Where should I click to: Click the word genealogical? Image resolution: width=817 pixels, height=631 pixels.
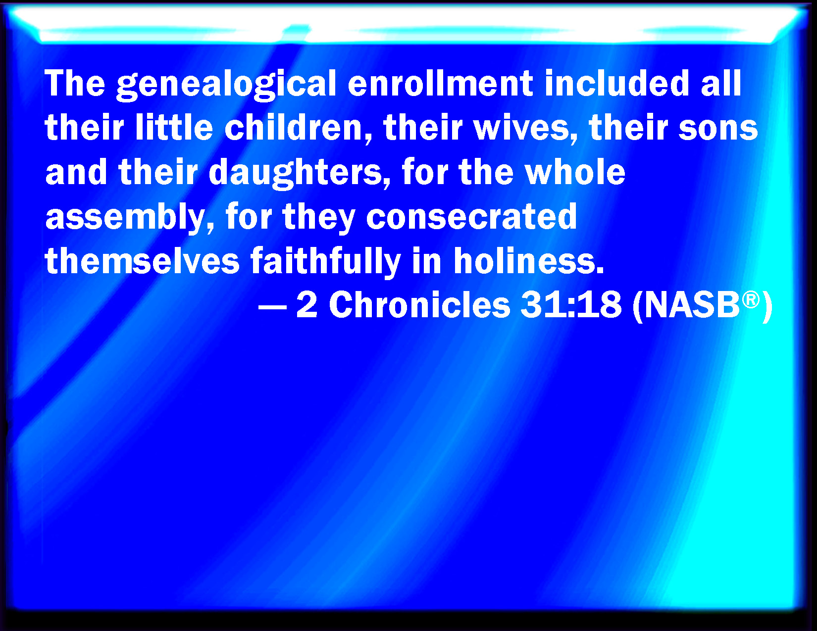[226, 85]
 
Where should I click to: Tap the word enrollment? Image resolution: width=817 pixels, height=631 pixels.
[440, 84]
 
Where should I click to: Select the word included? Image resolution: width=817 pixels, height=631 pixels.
[617, 83]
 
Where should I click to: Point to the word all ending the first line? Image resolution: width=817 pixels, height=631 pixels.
[721, 83]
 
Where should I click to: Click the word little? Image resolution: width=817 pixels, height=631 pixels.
[174, 127]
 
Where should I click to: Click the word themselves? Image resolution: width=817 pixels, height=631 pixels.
[143, 260]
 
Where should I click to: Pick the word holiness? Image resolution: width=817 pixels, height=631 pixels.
[529, 260]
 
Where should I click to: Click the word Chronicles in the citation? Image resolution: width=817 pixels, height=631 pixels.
[419, 305]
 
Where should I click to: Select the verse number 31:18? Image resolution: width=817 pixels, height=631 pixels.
[571, 305]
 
